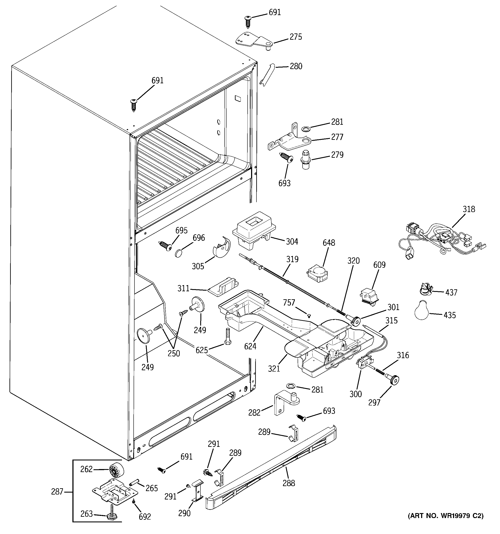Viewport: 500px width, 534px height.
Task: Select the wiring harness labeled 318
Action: pyautogui.click(x=440, y=239)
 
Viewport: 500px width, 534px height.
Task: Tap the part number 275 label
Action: pyautogui.click(x=295, y=37)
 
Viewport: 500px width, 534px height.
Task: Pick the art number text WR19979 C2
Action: pyautogui.click(x=445, y=516)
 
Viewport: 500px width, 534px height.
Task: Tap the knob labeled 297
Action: pyautogui.click(x=394, y=380)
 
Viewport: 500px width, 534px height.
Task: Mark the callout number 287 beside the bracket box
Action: pyautogui.click(x=57, y=491)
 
